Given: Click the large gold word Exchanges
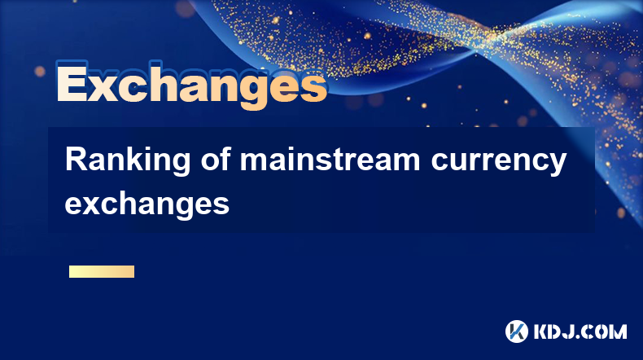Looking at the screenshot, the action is pos(191,85).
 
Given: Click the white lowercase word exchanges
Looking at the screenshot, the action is pos(147,204).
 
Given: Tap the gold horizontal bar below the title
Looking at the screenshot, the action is pos(102,271).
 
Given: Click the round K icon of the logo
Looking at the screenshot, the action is pos(516,331).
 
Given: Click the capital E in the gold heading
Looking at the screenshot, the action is pos(72,82).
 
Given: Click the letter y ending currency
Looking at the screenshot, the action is pos(556,165).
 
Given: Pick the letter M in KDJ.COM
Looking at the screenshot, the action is pos(619,331).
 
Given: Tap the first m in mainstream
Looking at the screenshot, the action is pos(254,162).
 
